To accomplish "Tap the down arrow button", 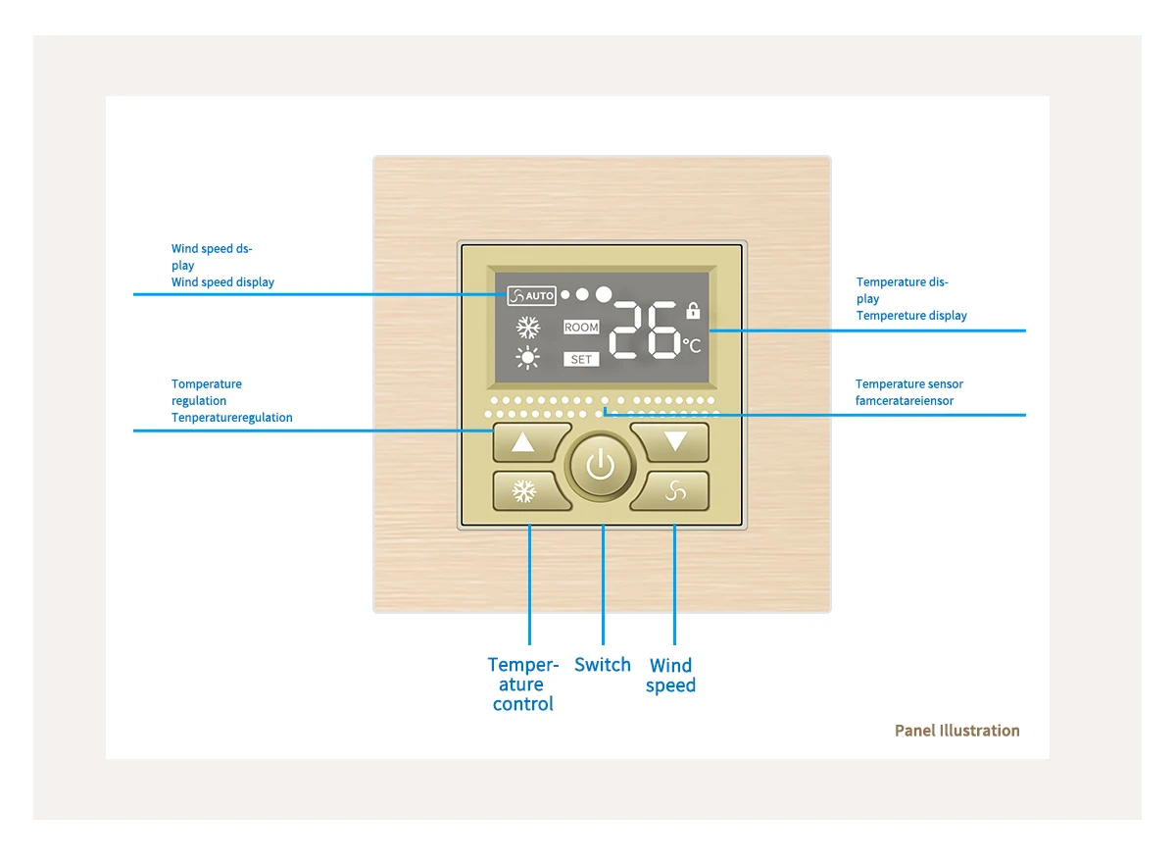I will point(674,442).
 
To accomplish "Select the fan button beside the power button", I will point(674,490).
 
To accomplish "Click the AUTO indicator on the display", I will point(532,295).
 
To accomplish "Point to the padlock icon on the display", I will point(693,311).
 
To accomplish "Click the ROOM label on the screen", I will point(581,328).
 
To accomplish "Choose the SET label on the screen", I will point(581,360).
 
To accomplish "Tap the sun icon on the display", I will point(528,358).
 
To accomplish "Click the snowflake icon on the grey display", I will point(529,327).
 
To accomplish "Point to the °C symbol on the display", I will point(692,346).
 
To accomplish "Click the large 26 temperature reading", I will point(645,330).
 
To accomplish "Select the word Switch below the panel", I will point(602,665).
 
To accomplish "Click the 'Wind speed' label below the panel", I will point(671,676).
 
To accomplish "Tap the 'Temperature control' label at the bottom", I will point(523,685).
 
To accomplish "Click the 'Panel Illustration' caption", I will point(956,731).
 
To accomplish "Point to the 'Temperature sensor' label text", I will point(908,384).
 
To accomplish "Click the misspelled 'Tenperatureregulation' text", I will point(232,418).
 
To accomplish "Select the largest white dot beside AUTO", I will point(604,293).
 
